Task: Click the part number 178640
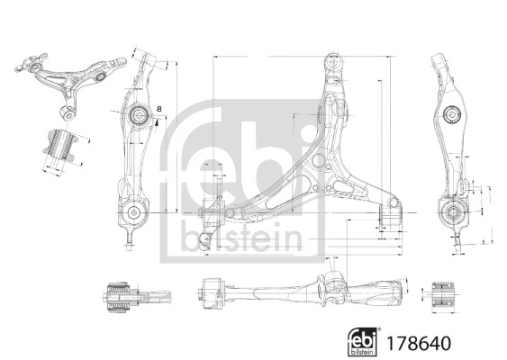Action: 419,343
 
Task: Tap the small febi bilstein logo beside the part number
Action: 363,342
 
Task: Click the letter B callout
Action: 158,109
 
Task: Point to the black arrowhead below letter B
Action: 157,122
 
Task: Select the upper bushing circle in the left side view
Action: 139,114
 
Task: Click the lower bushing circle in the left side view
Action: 133,212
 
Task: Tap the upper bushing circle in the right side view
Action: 451,114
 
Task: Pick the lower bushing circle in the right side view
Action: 453,212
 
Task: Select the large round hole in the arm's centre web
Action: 318,161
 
